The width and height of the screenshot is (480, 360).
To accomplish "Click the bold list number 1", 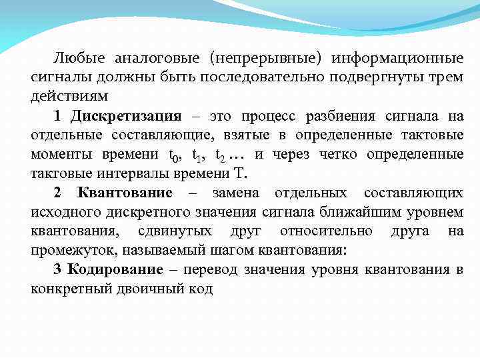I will pos(58,117).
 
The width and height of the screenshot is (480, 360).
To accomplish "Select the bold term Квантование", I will pos(125,193).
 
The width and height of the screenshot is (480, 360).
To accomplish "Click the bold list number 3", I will pos(58,269).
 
